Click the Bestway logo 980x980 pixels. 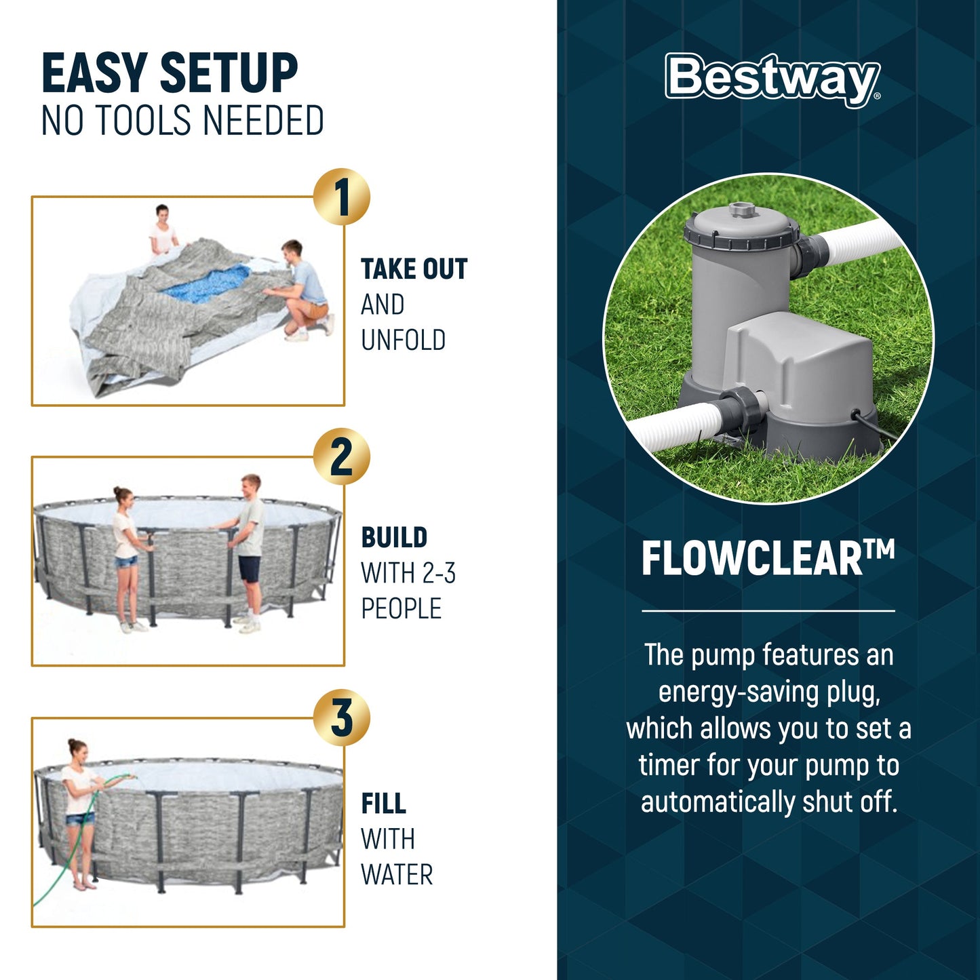(x=772, y=79)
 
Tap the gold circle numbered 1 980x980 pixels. (x=342, y=197)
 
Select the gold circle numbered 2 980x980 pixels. (x=342, y=457)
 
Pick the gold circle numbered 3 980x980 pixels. (x=342, y=718)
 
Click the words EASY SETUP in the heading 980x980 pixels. (x=170, y=73)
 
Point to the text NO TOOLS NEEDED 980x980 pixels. (x=182, y=121)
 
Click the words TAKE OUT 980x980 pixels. (x=414, y=269)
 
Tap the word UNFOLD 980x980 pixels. (x=403, y=340)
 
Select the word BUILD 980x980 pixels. (x=394, y=538)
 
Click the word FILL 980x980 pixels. (x=383, y=804)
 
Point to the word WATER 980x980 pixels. (x=397, y=875)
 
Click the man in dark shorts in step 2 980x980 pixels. (x=248, y=549)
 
